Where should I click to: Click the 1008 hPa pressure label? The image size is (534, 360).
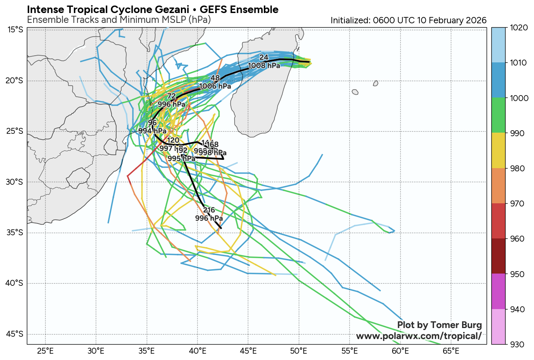[x=264, y=66]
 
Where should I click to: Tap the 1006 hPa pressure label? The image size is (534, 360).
[x=215, y=86]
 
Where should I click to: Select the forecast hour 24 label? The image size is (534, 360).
[x=264, y=58]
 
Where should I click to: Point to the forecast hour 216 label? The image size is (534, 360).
[x=209, y=210]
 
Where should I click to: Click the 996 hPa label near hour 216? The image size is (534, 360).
[x=209, y=218]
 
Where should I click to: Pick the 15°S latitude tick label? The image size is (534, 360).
[x=15, y=30]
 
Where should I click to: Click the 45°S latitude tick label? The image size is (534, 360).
[x=15, y=334]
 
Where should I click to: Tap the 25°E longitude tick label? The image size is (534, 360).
[x=45, y=350]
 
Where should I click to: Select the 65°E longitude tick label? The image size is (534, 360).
[x=451, y=350]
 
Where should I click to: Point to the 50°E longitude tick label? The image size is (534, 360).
[x=299, y=350]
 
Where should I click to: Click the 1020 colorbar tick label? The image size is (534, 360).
[x=517, y=28]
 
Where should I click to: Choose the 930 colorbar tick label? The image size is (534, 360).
[x=515, y=344]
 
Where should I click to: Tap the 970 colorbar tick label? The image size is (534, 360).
[x=515, y=204]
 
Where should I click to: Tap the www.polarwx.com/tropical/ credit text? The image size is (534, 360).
[x=419, y=336]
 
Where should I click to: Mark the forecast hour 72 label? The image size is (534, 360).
[x=171, y=96]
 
